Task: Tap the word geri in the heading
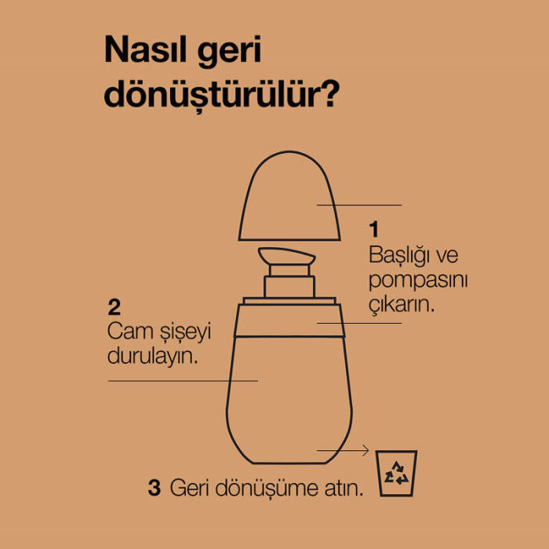(x=229, y=52)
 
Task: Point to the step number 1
(x=374, y=229)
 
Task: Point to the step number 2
(x=115, y=307)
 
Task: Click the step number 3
(x=155, y=488)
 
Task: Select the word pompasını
(x=418, y=282)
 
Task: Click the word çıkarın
(x=402, y=305)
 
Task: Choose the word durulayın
(x=152, y=357)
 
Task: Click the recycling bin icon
(x=396, y=473)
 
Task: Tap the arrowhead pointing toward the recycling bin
(x=365, y=450)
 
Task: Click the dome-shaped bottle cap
(x=289, y=196)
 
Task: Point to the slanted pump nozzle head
(x=286, y=256)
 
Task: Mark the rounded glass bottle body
(x=289, y=399)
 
